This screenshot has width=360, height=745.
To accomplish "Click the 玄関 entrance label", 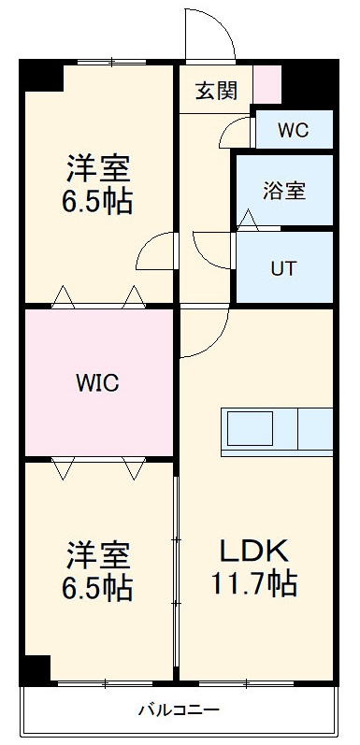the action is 216,91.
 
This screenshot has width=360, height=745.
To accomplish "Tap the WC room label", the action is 293,130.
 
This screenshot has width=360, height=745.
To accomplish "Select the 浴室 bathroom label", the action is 283,190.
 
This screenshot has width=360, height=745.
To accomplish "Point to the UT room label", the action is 283,268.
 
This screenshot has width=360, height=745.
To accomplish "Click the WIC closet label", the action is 97,382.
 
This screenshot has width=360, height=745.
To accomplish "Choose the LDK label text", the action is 252,550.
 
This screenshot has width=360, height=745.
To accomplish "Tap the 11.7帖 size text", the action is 254,584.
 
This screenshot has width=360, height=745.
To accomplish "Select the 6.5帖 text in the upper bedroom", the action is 98,201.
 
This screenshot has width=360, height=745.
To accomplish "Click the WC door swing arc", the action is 236,131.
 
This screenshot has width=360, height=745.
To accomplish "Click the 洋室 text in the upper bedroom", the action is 98,168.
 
